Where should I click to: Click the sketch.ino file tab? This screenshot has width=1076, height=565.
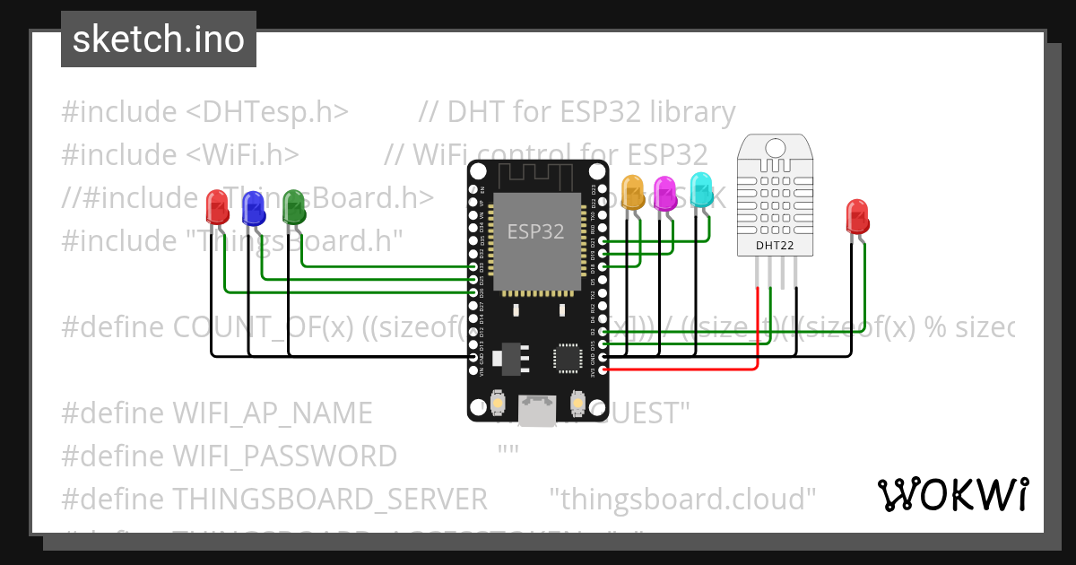click(x=159, y=39)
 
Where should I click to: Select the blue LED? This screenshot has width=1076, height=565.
click(x=254, y=210)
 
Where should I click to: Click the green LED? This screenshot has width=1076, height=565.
click(x=293, y=207)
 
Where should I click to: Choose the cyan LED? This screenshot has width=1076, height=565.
click(x=700, y=189)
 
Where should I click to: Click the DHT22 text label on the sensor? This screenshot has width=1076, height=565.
click(x=773, y=244)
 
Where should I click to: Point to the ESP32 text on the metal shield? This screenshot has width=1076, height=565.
click(x=535, y=231)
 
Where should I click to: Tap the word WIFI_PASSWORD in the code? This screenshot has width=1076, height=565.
click(x=284, y=456)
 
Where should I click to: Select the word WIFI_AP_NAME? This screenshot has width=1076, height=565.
click(x=272, y=413)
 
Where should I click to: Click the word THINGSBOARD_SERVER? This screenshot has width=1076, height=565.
click(x=329, y=499)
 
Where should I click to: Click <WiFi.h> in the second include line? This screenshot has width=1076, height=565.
click(x=243, y=155)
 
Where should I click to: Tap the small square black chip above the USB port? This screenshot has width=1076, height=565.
click(x=568, y=357)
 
